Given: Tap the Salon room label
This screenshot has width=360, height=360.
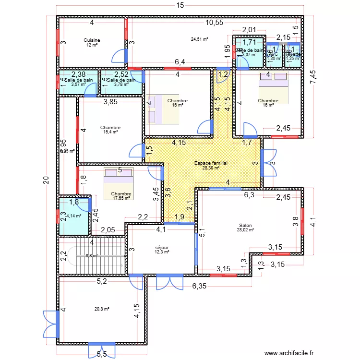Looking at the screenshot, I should click(x=245, y=225).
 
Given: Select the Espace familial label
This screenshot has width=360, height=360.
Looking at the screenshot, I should click(x=211, y=163).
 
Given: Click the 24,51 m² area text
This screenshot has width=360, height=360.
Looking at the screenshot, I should click(x=199, y=39).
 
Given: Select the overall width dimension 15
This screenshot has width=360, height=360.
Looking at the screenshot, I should click(x=180, y=6).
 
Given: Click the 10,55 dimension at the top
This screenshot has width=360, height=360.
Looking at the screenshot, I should click(x=214, y=23).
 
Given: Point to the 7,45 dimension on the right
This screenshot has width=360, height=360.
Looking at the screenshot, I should click(x=313, y=77).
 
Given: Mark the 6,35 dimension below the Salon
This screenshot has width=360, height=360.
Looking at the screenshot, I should click(x=202, y=287).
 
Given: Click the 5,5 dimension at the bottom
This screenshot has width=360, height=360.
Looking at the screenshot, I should click(x=102, y=354).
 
